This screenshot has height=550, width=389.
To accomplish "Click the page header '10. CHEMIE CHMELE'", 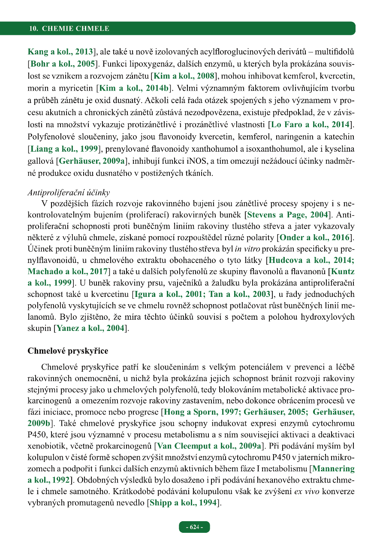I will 69,29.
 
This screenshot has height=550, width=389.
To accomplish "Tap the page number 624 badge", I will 194,527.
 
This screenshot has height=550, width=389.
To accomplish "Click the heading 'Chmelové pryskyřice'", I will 68,351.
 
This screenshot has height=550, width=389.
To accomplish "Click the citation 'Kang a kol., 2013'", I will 60,52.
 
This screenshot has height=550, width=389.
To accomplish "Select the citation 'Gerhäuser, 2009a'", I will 91,162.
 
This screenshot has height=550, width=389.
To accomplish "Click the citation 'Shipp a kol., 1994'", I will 182,502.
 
